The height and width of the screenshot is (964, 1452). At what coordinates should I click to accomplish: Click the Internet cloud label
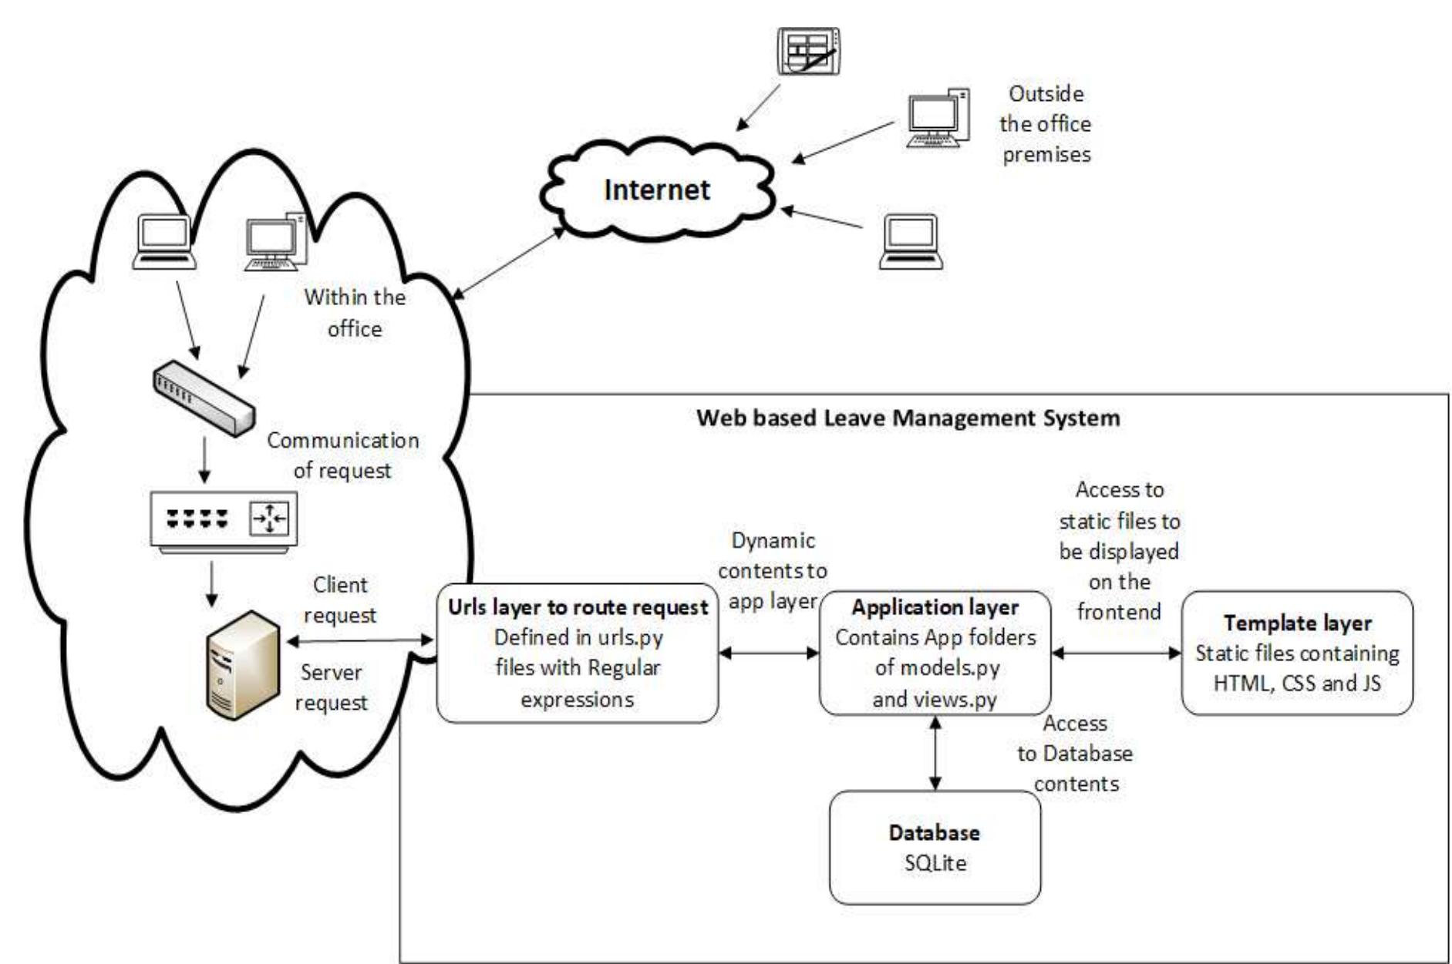[656, 190]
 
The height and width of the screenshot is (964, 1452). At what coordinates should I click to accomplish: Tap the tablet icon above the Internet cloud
[807, 51]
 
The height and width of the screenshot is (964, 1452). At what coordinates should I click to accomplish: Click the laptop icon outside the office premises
[911, 241]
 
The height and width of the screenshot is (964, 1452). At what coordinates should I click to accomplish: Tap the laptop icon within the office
[164, 242]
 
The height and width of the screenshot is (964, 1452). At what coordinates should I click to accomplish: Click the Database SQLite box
[935, 847]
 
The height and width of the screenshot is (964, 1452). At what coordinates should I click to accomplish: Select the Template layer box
[1297, 653]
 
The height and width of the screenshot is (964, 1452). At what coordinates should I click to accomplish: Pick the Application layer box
[935, 653]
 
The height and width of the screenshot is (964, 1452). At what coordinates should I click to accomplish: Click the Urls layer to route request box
[578, 653]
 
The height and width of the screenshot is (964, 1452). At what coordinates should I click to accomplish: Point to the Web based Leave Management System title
[908, 418]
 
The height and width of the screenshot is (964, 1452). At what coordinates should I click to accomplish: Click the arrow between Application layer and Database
[935, 753]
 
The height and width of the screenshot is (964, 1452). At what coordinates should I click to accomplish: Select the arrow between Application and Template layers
[1116, 653]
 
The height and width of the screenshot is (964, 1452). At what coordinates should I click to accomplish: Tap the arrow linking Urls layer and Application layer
[769, 653]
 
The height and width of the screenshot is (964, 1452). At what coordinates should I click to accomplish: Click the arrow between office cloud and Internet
[509, 263]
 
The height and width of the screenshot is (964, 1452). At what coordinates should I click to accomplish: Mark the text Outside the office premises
[1046, 124]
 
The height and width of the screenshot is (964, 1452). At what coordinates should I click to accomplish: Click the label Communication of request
[343, 455]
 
